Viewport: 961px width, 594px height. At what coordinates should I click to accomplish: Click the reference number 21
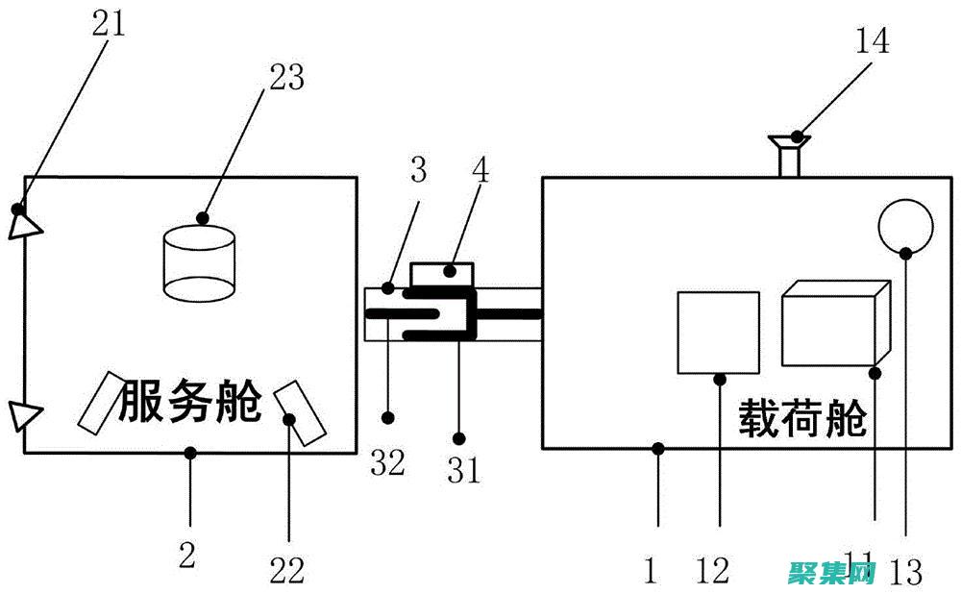click(x=109, y=21)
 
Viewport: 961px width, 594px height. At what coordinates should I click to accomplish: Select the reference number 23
click(x=285, y=77)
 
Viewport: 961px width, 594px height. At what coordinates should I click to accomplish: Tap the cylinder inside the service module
click(x=200, y=261)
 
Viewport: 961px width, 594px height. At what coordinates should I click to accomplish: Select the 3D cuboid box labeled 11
click(x=832, y=324)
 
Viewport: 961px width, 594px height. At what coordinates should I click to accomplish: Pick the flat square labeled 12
click(x=718, y=332)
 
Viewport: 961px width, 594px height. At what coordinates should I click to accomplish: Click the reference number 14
click(x=871, y=40)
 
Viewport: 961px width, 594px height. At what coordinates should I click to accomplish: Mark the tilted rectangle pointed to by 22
click(x=301, y=413)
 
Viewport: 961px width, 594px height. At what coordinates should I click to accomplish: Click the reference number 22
click(x=286, y=571)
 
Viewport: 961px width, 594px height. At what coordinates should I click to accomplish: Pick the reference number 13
click(x=905, y=572)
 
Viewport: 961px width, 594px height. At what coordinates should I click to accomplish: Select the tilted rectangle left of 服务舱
click(x=100, y=401)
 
